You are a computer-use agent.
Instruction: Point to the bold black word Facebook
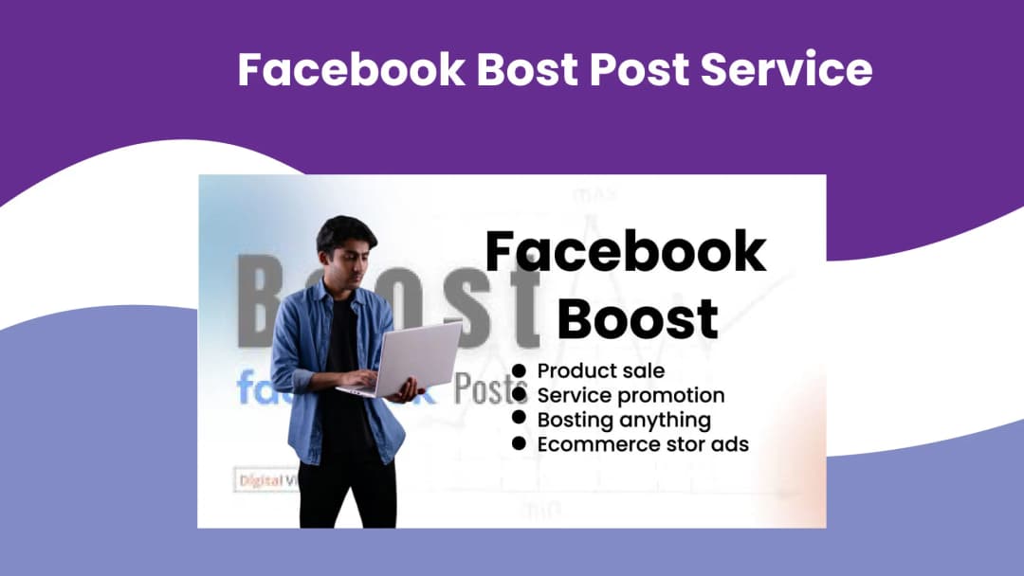pos(626,252)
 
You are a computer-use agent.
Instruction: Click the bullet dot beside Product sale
pos(519,370)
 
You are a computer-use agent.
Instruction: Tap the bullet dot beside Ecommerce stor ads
pos(519,443)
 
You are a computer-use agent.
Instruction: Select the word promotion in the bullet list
pos(670,395)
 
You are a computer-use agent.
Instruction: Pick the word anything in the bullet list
pos(664,420)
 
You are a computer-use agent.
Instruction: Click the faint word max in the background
pos(594,196)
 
